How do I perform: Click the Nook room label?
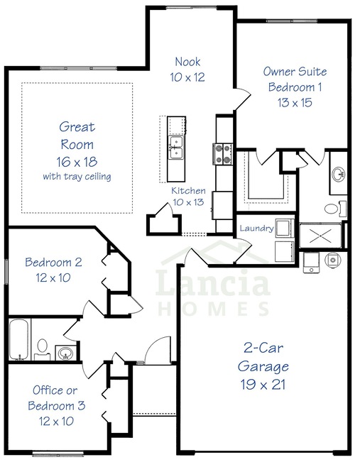pyautogui.click(x=187, y=62)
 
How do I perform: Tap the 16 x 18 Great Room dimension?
pyautogui.click(x=77, y=162)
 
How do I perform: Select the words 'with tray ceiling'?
pyautogui.click(x=77, y=177)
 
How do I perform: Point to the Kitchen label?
pyautogui.click(x=188, y=191)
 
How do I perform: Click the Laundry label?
pyautogui.click(x=256, y=229)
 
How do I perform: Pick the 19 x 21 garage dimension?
pyautogui.click(x=263, y=384)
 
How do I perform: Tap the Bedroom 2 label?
pyautogui.click(x=53, y=262)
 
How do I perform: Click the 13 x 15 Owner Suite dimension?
pyautogui.click(x=295, y=103)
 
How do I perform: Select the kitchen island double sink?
pyautogui.click(x=176, y=148)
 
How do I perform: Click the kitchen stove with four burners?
pyautogui.click(x=223, y=154)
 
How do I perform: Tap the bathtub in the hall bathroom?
pyautogui.click(x=19, y=339)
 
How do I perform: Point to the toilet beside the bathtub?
pyautogui.click(x=43, y=348)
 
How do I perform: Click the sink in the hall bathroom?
pyautogui.click(x=65, y=353)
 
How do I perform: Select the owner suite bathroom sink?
pyautogui.click(x=339, y=174)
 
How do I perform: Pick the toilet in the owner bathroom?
pyautogui.click(x=335, y=209)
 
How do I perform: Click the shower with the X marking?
pyautogui.click(x=320, y=236)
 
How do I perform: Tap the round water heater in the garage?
pyautogui.click(x=333, y=260)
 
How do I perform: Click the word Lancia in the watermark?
pyautogui.click(x=213, y=282)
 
